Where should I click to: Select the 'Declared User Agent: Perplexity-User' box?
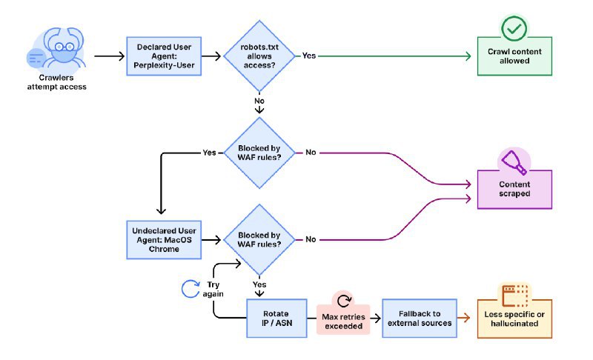coord(164,56)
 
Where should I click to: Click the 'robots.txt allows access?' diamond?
coord(259,56)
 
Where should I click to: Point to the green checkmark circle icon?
coord(513,29)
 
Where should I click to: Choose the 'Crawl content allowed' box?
coord(513,56)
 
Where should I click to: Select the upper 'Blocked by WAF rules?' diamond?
coord(259,152)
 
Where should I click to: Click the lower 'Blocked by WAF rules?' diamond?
coord(259,239)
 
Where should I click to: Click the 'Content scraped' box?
coord(513,189)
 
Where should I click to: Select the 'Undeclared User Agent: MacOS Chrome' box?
coord(164,239)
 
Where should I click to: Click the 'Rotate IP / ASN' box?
coord(276,319)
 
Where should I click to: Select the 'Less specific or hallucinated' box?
coord(514,319)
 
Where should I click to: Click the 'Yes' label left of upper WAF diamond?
coord(209,153)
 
